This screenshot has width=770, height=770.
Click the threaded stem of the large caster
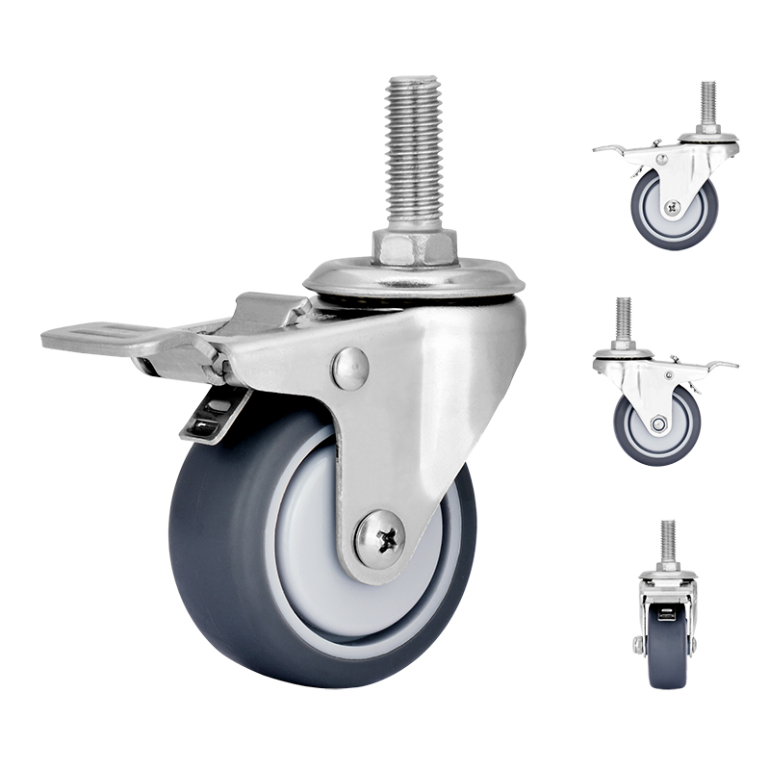point(414,154)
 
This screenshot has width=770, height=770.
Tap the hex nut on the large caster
point(414,247)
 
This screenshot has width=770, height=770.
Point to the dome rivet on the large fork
point(349,368)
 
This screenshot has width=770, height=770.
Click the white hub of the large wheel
point(308,539)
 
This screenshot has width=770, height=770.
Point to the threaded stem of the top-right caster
point(708,101)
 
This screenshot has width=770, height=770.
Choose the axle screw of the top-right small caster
point(672,206)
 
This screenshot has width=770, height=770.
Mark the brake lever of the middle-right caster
point(717,366)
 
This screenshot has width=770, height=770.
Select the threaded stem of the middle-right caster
point(624,318)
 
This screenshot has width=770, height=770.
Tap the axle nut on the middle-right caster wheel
point(658,424)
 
